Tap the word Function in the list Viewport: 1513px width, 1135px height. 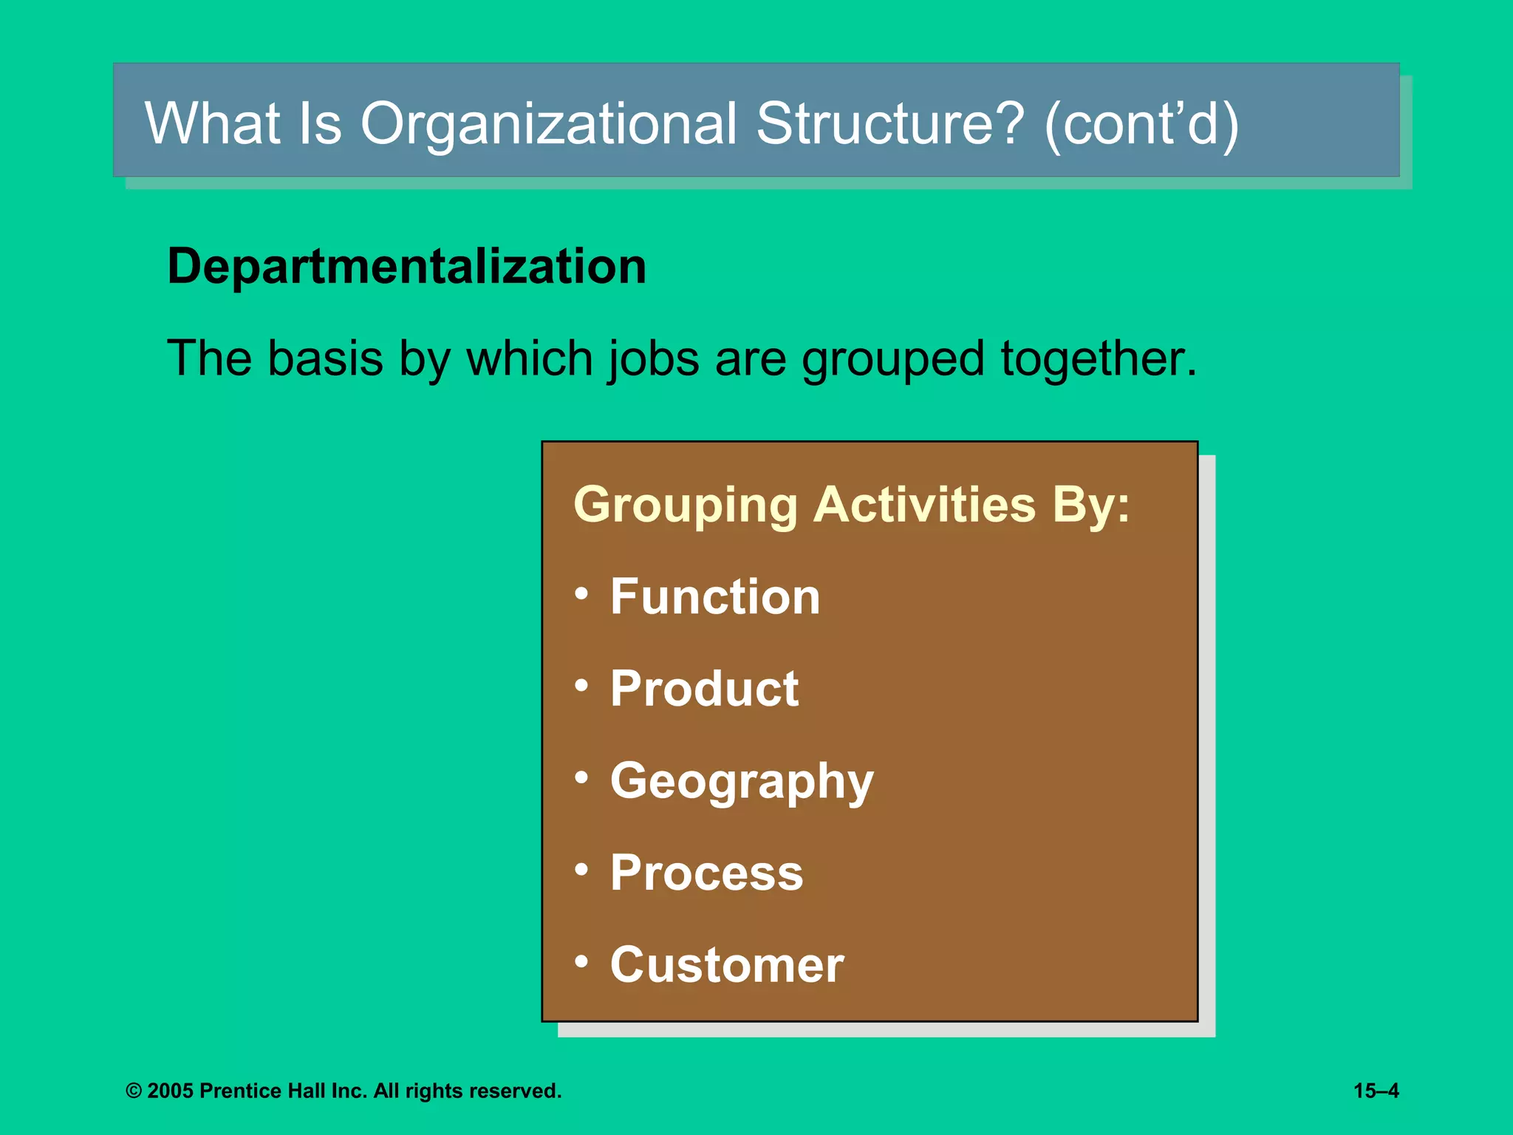[x=715, y=596]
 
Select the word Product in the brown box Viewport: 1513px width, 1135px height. [x=704, y=689]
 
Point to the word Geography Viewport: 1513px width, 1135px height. [x=742, y=782]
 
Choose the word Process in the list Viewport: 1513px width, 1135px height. [x=706, y=873]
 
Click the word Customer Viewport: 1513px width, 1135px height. [x=727, y=965]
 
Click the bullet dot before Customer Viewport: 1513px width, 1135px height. [x=582, y=961]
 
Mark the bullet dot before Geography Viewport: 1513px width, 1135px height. [x=582, y=777]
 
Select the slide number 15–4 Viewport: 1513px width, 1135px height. [x=1376, y=1091]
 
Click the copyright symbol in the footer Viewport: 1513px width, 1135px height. [x=134, y=1091]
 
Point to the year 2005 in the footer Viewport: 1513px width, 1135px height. [x=170, y=1091]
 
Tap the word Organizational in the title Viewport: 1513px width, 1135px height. [x=548, y=123]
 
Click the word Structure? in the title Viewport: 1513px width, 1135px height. [x=890, y=123]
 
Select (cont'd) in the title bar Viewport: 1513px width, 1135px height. [x=1141, y=124]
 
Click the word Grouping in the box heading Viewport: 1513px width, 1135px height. [x=686, y=506]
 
